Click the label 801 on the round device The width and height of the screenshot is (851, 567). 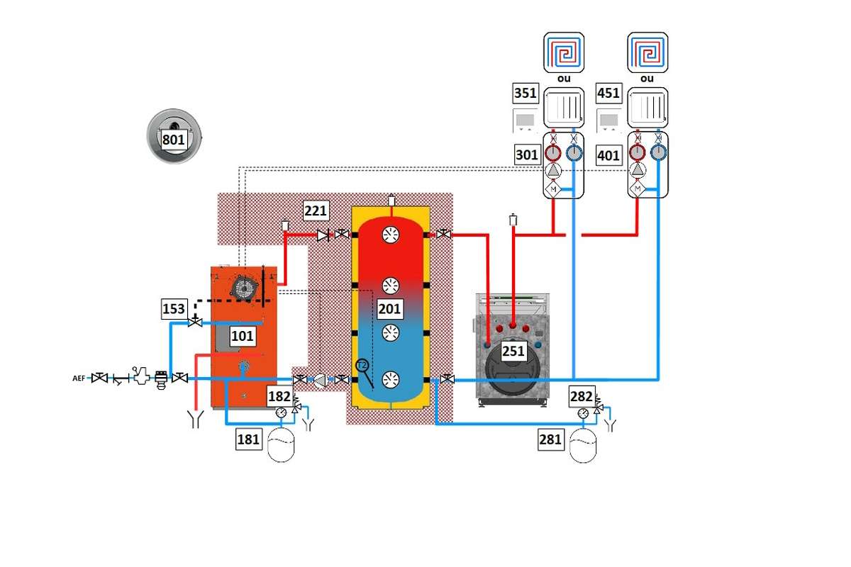tap(174, 140)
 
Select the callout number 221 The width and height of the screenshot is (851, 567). tap(317, 210)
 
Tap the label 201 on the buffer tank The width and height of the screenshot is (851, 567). tap(390, 308)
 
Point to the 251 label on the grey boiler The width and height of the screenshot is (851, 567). tap(513, 351)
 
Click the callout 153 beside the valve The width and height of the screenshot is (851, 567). tap(174, 309)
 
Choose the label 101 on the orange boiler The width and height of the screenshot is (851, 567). tap(242, 336)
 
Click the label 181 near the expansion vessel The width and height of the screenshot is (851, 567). tap(249, 439)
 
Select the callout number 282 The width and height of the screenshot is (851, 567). tap(582, 397)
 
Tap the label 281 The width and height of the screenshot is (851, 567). tap(550, 439)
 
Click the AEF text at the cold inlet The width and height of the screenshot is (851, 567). tap(78, 378)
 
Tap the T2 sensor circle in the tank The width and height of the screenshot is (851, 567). tap(362, 365)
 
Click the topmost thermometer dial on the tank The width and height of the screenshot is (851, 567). tap(391, 235)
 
